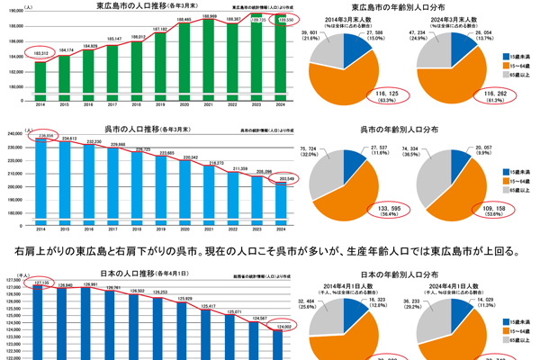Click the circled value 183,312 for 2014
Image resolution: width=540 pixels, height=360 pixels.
[40, 55]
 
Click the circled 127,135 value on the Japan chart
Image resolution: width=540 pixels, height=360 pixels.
[40, 283]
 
